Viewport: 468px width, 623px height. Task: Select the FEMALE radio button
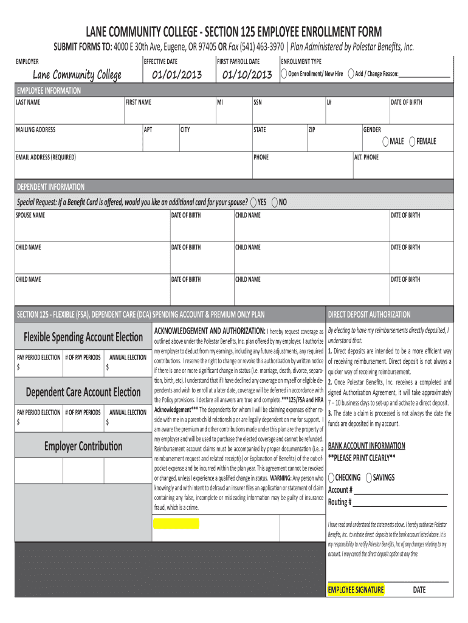point(413,142)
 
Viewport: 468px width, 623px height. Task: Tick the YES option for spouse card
point(253,202)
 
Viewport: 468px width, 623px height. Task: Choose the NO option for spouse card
point(275,202)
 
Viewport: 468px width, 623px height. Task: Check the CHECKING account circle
point(331,478)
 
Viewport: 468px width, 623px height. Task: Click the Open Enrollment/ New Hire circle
point(284,74)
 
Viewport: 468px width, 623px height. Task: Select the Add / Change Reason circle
point(351,74)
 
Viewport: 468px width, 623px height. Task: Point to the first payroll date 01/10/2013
point(247,75)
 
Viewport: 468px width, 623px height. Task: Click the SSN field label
point(258,102)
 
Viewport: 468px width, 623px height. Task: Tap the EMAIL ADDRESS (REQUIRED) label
point(46,158)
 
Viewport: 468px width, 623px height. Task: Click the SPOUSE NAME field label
point(30,215)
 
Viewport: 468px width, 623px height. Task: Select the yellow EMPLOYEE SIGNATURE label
point(356,590)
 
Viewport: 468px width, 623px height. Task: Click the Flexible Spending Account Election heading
point(83,337)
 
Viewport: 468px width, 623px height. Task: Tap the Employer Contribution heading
point(83,446)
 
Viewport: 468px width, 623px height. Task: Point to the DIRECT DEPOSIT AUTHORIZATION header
point(369,315)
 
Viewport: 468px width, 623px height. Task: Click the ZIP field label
point(312,130)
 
